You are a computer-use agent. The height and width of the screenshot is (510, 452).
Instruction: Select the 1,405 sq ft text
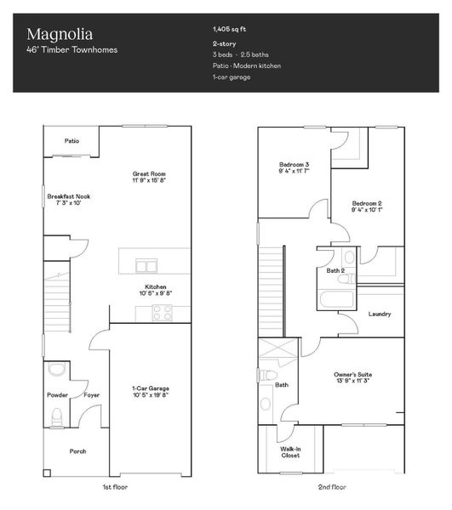[x=231, y=28]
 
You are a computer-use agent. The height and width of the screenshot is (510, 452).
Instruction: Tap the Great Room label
[x=147, y=175]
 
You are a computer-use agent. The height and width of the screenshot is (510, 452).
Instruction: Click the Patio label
[x=72, y=141]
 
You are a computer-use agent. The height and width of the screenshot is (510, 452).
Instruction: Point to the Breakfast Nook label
[x=68, y=200]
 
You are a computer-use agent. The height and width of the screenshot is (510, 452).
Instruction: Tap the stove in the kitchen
[x=162, y=313]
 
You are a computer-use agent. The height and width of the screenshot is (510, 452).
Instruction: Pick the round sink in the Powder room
[x=56, y=370]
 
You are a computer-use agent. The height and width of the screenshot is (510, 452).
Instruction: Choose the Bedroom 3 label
[x=294, y=167]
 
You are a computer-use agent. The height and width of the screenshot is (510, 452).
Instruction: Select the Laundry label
[x=380, y=314]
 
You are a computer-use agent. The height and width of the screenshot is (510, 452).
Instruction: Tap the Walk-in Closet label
[x=290, y=452]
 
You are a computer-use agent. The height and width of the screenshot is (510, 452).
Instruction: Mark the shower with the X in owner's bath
[x=277, y=351]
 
